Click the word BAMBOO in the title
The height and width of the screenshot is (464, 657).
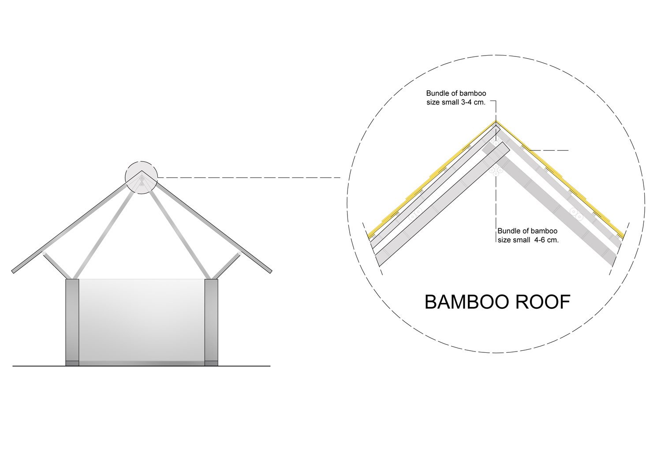(x=467, y=302)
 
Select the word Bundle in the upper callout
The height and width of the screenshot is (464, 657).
(x=437, y=94)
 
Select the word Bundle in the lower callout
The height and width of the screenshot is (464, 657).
(x=508, y=231)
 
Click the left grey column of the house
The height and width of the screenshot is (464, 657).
(x=72, y=322)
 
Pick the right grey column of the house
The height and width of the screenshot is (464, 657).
(x=212, y=322)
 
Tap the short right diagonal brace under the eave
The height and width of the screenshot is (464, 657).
(x=228, y=265)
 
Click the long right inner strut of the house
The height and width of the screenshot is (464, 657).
(x=180, y=234)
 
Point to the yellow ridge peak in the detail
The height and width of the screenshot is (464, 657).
(x=496, y=122)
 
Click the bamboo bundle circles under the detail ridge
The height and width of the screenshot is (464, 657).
(x=496, y=169)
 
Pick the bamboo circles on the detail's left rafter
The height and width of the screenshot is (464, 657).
(x=415, y=214)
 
